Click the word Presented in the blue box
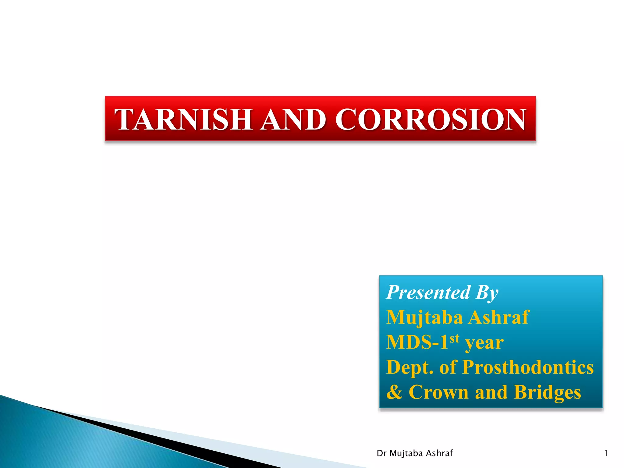(428, 292)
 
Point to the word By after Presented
(487, 293)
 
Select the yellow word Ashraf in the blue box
(499, 317)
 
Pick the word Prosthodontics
(528, 367)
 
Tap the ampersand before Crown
(394, 392)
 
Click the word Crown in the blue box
(438, 392)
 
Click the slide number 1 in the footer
(606, 453)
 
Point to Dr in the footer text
(381, 453)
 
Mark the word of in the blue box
(448, 367)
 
